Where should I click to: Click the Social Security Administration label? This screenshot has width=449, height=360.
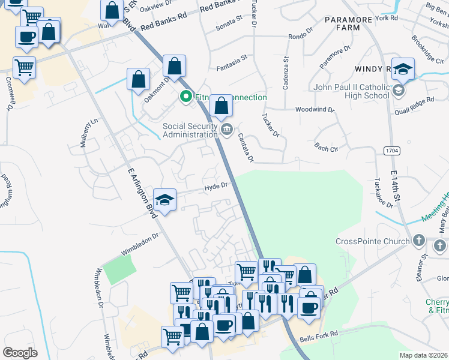[x=190, y=130]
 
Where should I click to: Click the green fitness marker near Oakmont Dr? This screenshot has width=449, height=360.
[x=186, y=96]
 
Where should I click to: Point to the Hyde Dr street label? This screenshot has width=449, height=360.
[x=216, y=187]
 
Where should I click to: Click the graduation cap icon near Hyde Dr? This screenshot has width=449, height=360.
[x=164, y=199]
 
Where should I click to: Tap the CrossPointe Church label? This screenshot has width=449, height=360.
[x=372, y=241]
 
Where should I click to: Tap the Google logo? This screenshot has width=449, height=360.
[x=20, y=353]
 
